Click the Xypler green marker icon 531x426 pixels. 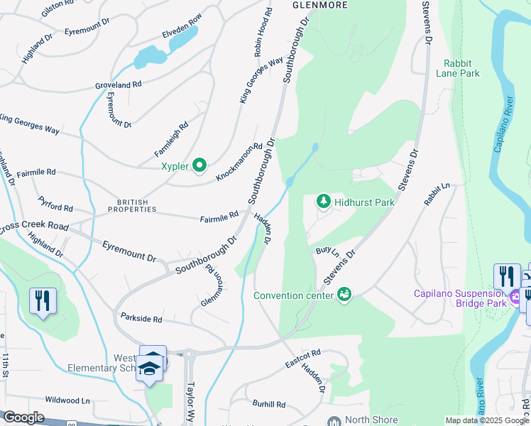200,166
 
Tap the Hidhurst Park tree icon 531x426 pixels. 324,202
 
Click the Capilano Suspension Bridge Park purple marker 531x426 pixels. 514,294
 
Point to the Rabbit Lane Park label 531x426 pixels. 461,68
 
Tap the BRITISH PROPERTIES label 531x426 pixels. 132,205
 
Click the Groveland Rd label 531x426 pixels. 119,84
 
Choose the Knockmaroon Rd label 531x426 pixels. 235,161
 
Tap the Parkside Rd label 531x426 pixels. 142,317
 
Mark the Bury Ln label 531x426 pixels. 327,252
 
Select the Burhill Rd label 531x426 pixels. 269,404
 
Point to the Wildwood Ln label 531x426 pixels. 67,400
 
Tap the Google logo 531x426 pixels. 23,418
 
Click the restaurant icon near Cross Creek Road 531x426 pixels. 43,301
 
